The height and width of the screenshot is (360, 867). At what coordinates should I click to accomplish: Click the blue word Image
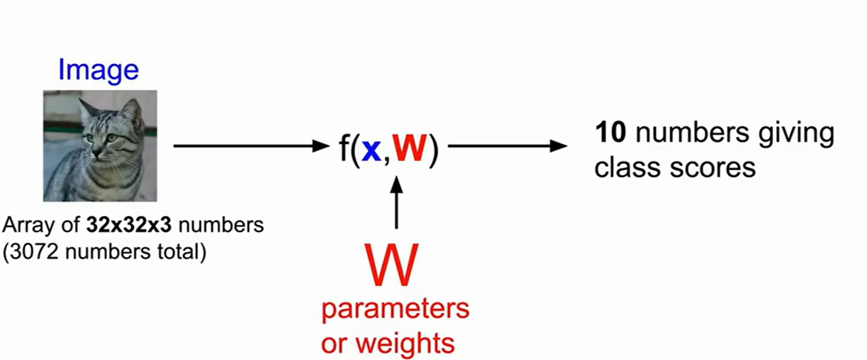(98, 70)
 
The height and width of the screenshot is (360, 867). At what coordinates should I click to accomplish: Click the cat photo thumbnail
(100, 145)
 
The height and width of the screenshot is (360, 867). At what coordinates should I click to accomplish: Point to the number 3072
(33, 253)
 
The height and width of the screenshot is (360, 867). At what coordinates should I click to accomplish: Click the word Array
(22, 225)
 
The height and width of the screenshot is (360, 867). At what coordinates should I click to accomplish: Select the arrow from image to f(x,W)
(250, 147)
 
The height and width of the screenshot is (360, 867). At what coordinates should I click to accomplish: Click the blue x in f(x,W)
(371, 150)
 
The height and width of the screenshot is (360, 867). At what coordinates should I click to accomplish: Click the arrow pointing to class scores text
(507, 147)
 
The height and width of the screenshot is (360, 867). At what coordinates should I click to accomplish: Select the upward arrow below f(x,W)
(396, 201)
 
